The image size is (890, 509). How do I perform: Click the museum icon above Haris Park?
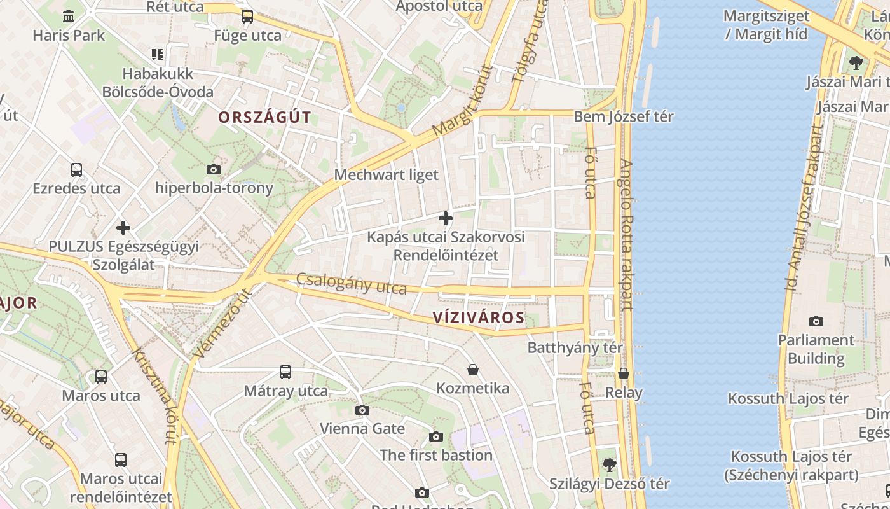(x=69, y=16)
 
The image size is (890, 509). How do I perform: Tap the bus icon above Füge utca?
(x=247, y=17)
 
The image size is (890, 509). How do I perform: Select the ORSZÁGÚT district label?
(x=264, y=117)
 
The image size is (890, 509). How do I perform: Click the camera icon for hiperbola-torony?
(x=214, y=169)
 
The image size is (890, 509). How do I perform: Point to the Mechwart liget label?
(x=387, y=174)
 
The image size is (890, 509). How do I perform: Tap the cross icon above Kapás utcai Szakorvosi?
(x=446, y=218)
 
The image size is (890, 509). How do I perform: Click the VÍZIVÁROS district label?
(x=479, y=317)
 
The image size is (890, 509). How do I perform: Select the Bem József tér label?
(x=624, y=116)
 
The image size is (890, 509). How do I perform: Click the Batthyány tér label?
(x=575, y=347)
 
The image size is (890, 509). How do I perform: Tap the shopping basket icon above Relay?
(x=624, y=373)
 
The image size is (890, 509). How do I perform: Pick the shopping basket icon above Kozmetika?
(x=473, y=370)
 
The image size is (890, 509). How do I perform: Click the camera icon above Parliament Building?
(x=816, y=321)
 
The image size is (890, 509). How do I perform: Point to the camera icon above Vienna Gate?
(x=362, y=410)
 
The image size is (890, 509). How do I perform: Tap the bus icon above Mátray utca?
(x=285, y=372)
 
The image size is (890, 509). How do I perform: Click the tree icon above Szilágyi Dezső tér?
(x=610, y=465)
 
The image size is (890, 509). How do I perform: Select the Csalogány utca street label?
(x=352, y=284)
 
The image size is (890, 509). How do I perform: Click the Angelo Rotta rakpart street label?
(x=626, y=235)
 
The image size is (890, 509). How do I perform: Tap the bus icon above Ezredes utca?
(x=76, y=170)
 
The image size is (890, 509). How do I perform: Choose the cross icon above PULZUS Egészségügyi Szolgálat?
(x=123, y=227)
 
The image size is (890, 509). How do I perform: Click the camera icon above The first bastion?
(x=436, y=436)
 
